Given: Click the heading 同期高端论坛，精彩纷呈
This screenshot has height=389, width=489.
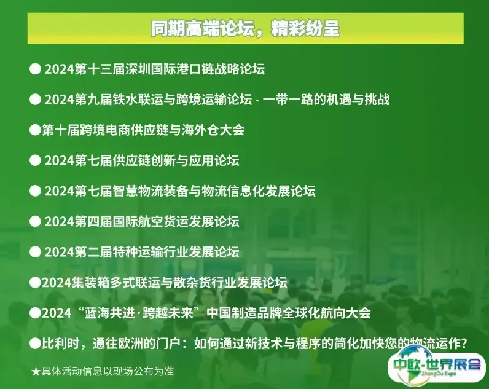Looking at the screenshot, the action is point(245,29).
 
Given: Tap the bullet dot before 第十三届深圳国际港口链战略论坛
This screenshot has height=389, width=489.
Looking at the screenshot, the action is point(35,69).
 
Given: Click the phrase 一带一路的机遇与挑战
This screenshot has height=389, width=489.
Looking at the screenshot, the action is point(326,100).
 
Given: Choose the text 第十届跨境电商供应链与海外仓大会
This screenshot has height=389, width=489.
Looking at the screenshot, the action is point(143,130).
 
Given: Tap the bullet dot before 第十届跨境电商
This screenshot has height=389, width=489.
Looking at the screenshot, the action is point(35,130).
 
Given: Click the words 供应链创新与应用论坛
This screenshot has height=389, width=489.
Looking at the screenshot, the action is point(176,160).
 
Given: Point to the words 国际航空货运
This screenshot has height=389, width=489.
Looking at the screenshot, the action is point(151,221).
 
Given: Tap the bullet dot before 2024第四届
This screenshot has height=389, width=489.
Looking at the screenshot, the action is point(35,221).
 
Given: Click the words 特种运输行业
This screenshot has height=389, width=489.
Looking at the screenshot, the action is point(151,252).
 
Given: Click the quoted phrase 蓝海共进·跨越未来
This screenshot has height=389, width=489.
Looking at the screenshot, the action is point(139,313).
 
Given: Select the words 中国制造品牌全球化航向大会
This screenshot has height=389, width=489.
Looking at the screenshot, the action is point(289,313).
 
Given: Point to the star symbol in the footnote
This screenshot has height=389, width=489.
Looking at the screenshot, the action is point(36,372).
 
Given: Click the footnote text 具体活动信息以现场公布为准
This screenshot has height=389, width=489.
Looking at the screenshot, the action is point(108,372).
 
